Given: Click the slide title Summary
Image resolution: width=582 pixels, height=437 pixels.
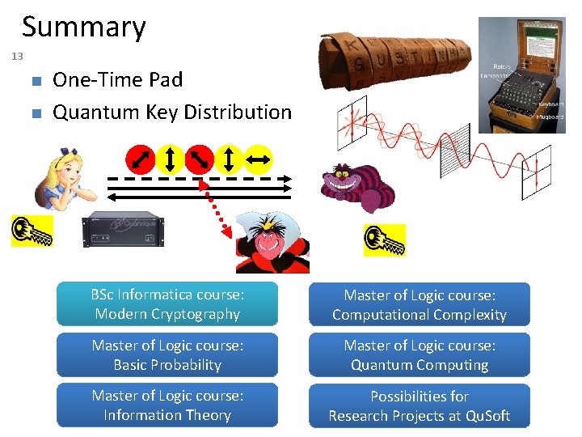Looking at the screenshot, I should tap(83, 27).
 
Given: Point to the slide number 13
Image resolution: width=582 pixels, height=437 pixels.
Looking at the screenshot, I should tap(18, 57).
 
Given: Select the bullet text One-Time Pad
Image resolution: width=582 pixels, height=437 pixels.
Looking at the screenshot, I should tap(117, 79).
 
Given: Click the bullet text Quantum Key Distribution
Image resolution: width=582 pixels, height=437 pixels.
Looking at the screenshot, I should tap(171, 112).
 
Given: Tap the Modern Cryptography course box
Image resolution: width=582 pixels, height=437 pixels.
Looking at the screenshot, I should tap(167, 304).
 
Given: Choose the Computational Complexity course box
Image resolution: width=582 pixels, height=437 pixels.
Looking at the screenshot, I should tap(419, 304).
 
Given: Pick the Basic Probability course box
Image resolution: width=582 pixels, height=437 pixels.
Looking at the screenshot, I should tap(167, 354).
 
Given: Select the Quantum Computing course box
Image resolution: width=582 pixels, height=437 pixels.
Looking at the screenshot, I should tap(419, 354).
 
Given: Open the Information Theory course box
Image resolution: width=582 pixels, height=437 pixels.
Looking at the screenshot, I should tap(167, 405).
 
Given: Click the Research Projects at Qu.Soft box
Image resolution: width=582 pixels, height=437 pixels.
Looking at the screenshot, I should tap(419, 405).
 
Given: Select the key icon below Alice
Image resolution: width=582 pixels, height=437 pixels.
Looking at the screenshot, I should tap(32, 231).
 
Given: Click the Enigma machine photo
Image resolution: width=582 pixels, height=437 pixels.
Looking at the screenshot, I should tap(521, 74).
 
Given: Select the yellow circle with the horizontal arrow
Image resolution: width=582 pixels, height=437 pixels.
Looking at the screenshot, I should tap(259, 159).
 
